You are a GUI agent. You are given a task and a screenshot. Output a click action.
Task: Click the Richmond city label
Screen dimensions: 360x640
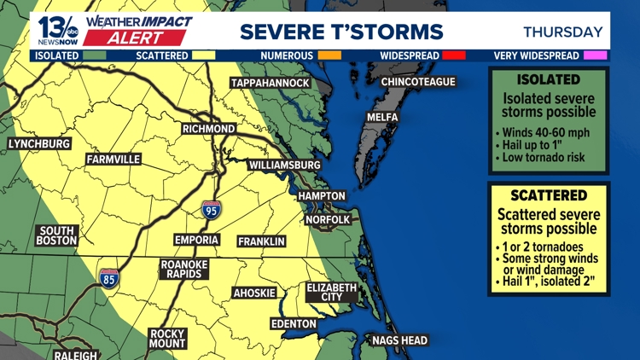(208, 129)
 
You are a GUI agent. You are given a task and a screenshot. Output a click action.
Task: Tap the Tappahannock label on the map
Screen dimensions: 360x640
(269, 83)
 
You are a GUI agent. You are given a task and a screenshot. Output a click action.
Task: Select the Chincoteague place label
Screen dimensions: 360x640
(418, 82)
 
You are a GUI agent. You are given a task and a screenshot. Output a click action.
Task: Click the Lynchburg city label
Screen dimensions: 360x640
(39, 144)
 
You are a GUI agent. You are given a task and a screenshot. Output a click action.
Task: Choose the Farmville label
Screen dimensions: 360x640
(113, 160)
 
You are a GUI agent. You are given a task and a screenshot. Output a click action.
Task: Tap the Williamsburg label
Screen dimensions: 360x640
(284, 165)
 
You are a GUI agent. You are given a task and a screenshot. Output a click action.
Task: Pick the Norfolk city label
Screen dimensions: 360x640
(329, 220)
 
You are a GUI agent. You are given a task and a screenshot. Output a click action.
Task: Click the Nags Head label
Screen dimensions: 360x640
(399, 341)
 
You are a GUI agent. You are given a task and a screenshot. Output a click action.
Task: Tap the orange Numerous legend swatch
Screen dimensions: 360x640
(329, 56)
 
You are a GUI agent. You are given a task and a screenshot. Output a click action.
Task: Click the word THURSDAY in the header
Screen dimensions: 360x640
(562, 32)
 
